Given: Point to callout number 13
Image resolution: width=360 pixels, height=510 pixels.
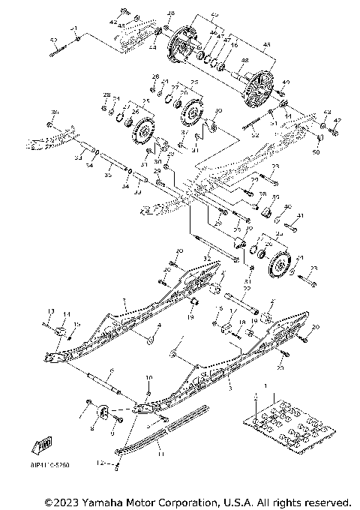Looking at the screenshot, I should (x=51, y=310).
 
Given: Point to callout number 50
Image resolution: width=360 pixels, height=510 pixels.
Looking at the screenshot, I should (x=316, y=152).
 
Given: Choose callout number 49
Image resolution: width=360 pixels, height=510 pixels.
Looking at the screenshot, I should (x=284, y=82).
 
